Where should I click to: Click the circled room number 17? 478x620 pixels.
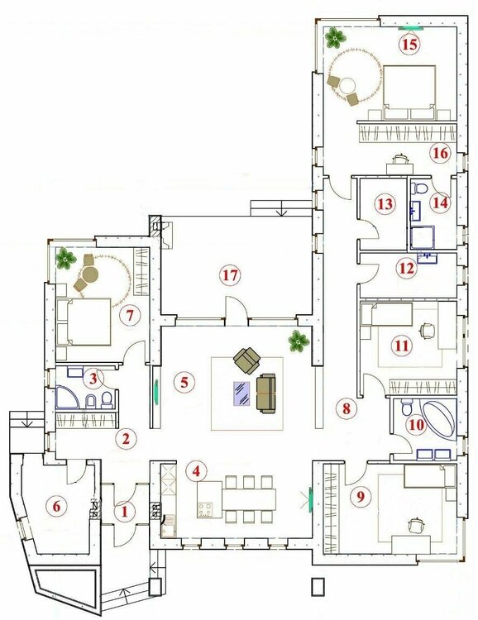click(230, 274)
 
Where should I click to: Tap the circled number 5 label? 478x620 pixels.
click(184, 382)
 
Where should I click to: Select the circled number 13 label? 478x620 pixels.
click(385, 204)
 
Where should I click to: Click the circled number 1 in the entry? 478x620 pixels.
click(125, 512)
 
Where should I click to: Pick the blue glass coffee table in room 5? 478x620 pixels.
click(241, 393)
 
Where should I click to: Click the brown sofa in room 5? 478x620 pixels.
click(266, 393)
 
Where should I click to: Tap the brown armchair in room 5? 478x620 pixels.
click(247, 360)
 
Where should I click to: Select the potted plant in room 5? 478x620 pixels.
click(298, 341)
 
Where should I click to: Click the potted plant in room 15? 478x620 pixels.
click(336, 37)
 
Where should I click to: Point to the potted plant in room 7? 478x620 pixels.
click(65, 259)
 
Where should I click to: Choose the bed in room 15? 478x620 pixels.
click(409, 92)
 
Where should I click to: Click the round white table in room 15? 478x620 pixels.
click(349, 85)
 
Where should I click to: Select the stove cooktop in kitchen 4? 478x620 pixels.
click(205, 510)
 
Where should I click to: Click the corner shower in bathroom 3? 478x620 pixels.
click(67, 397)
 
